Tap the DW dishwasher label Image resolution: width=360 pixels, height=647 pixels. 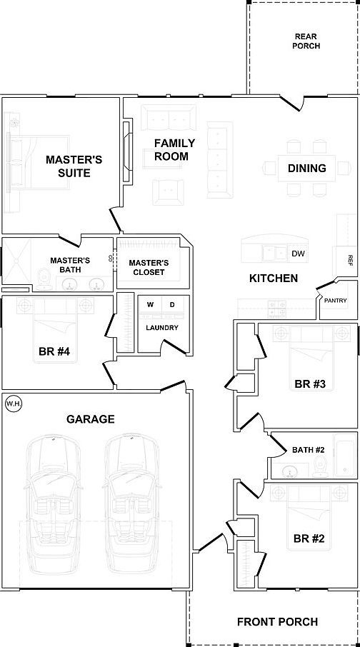[298, 254]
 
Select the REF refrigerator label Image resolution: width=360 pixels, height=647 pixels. [351, 259]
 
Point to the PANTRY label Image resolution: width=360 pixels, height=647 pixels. [335, 301]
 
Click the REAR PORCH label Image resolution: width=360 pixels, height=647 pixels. [306, 41]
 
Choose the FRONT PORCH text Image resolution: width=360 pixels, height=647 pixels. [277, 621]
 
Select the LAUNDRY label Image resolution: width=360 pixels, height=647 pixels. [162, 328]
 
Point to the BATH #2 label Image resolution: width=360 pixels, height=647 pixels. [309, 450]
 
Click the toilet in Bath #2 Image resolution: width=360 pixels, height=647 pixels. [319, 468]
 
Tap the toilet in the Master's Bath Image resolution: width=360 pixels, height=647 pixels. [43, 279]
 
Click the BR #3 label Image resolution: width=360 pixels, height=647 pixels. [311, 384]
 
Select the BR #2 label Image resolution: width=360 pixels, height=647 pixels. [309, 538]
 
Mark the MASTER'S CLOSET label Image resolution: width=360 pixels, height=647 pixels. [149, 267]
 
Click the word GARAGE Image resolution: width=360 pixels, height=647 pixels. [91, 419]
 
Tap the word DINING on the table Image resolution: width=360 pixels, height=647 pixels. [306, 168]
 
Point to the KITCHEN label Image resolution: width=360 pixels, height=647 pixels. [274, 278]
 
